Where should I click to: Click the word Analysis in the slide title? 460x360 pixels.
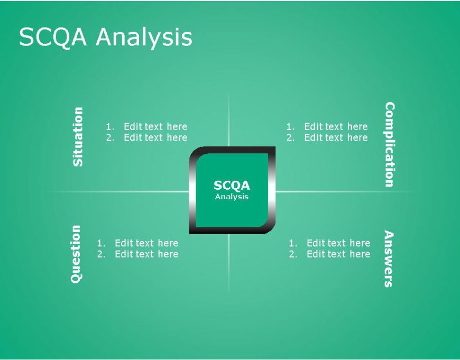[x=144, y=38]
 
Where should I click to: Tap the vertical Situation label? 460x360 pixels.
[x=78, y=137]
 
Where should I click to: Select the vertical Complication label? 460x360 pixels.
[x=389, y=144]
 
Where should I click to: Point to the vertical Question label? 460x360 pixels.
[x=76, y=254]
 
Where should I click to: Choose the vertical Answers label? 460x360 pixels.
[x=389, y=259]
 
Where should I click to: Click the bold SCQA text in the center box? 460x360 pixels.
[x=232, y=186]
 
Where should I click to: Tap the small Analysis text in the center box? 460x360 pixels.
[x=232, y=197]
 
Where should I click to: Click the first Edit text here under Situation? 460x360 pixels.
[x=155, y=126]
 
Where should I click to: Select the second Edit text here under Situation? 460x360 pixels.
[x=155, y=137]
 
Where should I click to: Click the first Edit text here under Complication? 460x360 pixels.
[x=336, y=126]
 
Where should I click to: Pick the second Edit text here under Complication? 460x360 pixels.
[x=336, y=137]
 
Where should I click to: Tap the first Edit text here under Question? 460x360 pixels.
[x=146, y=243]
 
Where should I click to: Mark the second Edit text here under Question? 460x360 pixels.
[x=146, y=254]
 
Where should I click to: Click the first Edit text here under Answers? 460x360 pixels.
[x=338, y=243]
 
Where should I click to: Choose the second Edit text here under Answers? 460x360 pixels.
[x=338, y=254]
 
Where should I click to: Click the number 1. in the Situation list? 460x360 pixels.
[x=110, y=126]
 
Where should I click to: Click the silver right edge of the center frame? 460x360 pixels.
[x=272, y=190]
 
